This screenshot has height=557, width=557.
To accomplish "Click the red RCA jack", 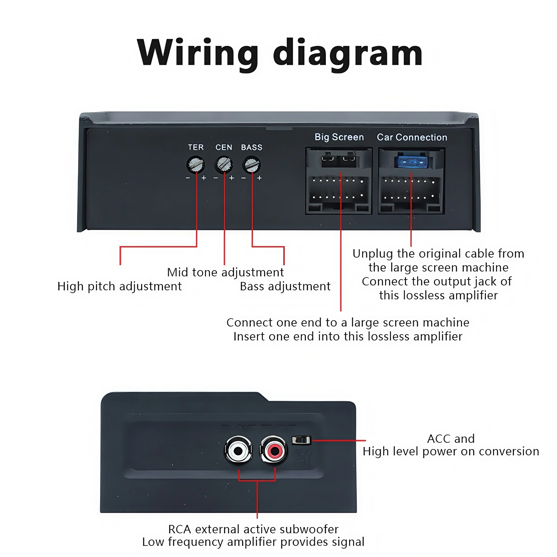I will tap(274, 450).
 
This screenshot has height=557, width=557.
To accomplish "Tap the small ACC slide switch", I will tap(301, 440).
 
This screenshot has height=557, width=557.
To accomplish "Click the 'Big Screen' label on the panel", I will tap(339, 137).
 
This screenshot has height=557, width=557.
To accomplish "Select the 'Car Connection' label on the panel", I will tap(412, 137).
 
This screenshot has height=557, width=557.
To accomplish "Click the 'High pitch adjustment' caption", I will tap(119, 286).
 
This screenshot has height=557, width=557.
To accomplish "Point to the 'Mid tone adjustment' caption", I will tap(225, 272).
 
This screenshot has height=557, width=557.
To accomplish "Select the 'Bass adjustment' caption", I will tap(285, 286).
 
